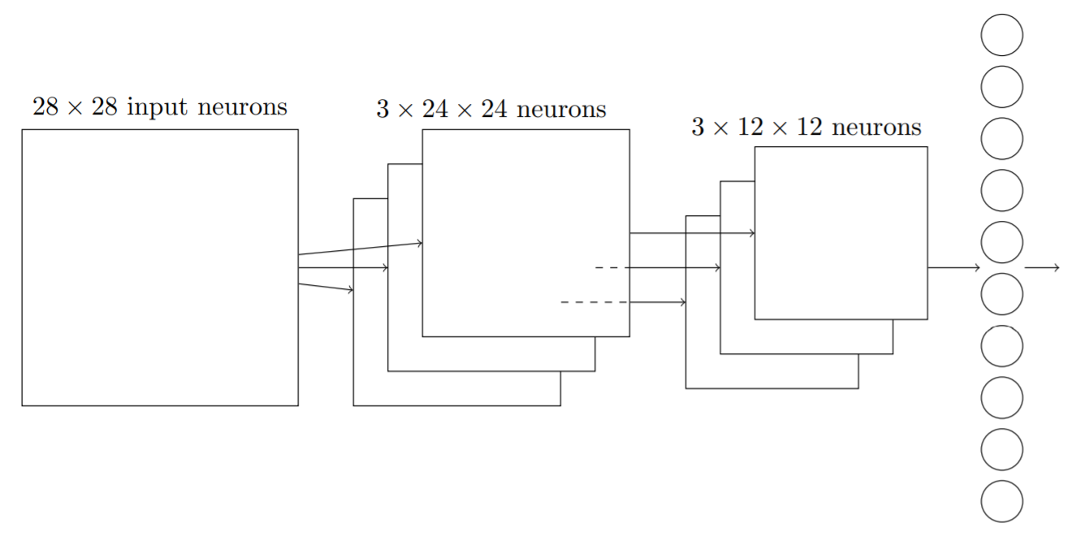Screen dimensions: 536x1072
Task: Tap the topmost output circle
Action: (x=1001, y=35)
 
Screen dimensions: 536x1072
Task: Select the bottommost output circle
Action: (x=1001, y=501)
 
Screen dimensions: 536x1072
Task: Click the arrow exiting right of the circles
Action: (x=1042, y=268)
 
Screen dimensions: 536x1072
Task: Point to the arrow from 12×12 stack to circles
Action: (x=954, y=268)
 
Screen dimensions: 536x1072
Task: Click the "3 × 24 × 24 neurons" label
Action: (x=491, y=110)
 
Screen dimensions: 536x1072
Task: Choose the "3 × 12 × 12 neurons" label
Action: (x=806, y=128)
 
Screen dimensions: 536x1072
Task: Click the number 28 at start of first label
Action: (x=45, y=107)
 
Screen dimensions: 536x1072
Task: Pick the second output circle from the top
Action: (x=1001, y=87)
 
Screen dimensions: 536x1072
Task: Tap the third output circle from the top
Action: (x=1001, y=139)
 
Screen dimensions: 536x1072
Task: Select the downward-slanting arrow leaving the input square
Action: (x=326, y=287)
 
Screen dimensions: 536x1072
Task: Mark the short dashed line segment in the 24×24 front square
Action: (x=607, y=268)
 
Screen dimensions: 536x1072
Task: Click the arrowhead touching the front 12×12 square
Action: (x=752, y=234)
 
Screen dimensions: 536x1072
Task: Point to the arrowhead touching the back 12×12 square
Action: (x=683, y=303)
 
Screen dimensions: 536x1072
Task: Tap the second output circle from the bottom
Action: (x=1001, y=449)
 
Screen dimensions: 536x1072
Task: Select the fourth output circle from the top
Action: (x=1001, y=191)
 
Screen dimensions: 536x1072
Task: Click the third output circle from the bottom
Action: (x=1001, y=397)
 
